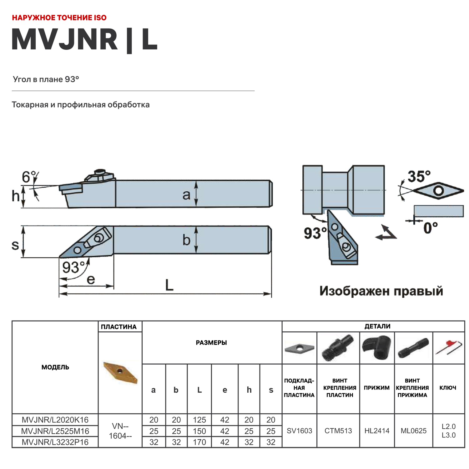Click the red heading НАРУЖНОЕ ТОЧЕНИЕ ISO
tap(59, 18)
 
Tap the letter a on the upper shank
tap(186, 195)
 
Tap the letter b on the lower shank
tap(186, 240)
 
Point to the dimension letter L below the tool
tap(169, 285)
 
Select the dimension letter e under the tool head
tap(91, 279)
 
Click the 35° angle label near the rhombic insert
tap(419, 177)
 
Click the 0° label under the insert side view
tap(430, 228)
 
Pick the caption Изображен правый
tap(381, 291)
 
